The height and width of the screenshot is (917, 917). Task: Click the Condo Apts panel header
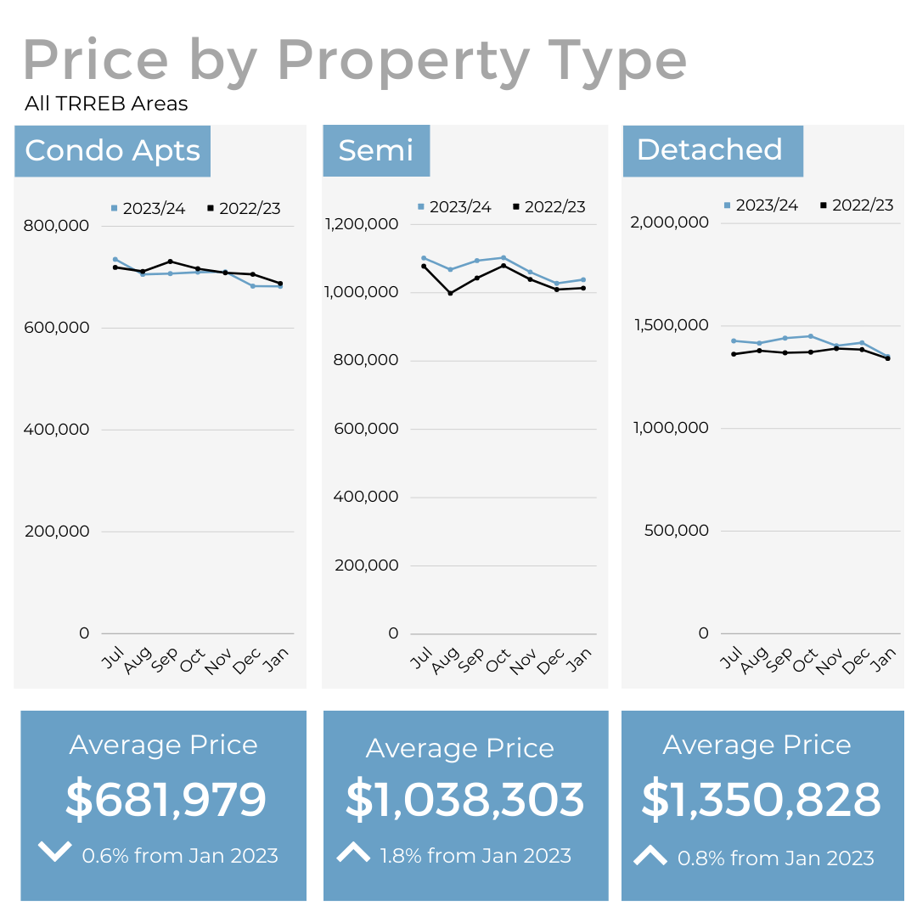point(112,151)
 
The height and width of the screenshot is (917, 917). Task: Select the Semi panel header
point(376,150)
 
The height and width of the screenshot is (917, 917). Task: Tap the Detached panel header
point(710,150)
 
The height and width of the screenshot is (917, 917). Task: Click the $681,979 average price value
point(166,800)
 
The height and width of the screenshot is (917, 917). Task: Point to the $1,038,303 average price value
point(465,801)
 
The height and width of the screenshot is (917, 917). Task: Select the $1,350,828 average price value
point(762,800)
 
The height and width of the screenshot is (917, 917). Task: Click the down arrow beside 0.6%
point(55,852)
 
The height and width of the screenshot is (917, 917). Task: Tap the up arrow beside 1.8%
point(353,852)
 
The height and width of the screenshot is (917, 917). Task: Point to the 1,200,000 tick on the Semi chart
point(362,224)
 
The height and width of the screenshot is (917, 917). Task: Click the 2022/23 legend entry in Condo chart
point(245,208)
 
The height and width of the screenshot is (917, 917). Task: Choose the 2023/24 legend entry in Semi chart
point(454,207)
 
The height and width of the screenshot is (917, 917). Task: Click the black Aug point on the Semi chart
point(450,293)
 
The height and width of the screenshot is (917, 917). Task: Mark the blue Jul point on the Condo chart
point(115,259)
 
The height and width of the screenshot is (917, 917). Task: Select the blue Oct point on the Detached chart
point(811,336)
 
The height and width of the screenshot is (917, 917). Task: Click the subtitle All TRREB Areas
point(106,104)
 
